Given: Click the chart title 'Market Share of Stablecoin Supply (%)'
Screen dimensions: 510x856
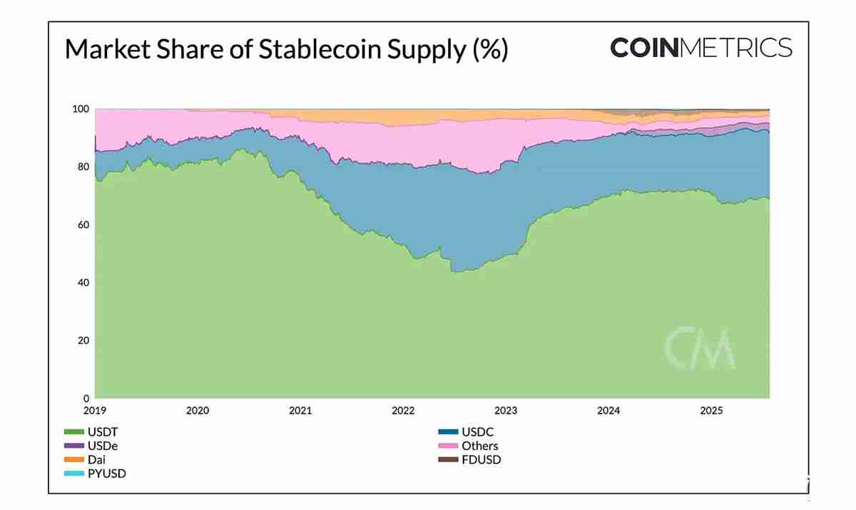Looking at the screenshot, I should (x=286, y=50).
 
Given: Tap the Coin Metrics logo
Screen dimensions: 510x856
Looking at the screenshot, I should (x=700, y=48).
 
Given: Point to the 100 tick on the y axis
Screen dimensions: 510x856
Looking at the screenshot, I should (x=81, y=109).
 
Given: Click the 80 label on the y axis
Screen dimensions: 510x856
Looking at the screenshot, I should (x=83, y=167).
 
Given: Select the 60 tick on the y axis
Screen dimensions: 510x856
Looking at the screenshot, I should (x=83, y=225).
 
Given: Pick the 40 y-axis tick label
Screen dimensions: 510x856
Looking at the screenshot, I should (x=83, y=282).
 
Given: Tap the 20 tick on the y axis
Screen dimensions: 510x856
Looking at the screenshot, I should (x=83, y=340).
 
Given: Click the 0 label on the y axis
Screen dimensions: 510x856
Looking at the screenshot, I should (x=86, y=398).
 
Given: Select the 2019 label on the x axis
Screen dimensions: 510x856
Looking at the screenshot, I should (x=95, y=411).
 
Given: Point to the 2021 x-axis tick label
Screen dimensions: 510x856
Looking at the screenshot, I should (x=300, y=411).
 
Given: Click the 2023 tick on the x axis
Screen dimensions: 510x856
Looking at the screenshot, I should (x=506, y=411).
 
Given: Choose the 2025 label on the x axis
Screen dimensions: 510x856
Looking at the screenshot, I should (x=711, y=411).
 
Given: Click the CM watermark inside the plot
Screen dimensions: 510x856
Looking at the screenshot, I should (x=700, y=347).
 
